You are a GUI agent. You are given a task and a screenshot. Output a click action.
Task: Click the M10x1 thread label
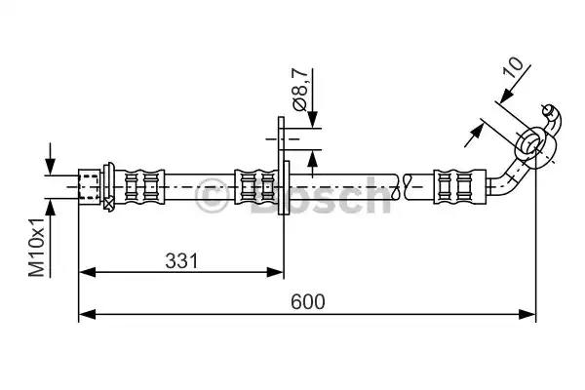click(35, 248)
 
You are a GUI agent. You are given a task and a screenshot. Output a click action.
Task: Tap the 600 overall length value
click(307, 301)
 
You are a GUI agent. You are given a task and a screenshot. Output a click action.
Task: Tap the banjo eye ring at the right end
click(532, 143)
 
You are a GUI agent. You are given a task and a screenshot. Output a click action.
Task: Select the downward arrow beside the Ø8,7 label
click(313, 120)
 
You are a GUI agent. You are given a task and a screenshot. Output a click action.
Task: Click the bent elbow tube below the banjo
click(508, 177)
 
